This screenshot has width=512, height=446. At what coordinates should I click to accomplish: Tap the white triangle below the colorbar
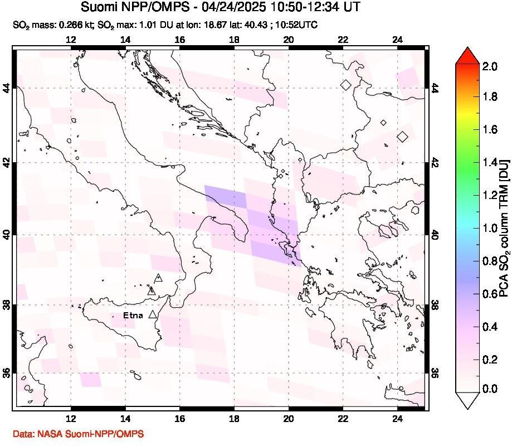pos(467,399)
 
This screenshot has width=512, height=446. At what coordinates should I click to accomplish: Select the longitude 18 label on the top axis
pos(234,40)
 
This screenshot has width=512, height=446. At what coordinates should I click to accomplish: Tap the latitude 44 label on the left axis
pos(7,88)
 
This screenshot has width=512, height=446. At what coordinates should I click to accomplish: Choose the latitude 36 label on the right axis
pos(435,372)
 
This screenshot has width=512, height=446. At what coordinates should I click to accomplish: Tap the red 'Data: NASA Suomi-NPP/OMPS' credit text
pos(77,434)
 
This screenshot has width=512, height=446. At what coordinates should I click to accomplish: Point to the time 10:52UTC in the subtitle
pos(300,25)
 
